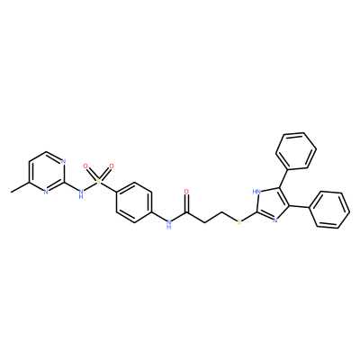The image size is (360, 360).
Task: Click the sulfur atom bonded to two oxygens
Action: (98, 182)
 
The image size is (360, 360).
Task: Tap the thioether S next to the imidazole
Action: (239, 222)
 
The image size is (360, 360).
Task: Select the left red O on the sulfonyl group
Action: (85, 166)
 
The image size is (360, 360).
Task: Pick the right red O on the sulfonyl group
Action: (112, 166)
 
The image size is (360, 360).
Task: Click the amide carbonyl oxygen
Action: (187, 192)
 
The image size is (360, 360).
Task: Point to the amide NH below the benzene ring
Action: (168, 224)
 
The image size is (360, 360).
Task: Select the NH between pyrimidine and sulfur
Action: (80, 193)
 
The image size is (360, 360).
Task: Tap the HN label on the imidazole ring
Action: (256, 191)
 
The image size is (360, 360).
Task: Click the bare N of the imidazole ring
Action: (274, 220)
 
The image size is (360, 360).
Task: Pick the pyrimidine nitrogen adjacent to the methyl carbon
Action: (46, 192)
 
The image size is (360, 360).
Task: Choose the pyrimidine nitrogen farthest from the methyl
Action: (63, 162)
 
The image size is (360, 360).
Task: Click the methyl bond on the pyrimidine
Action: (20, 186)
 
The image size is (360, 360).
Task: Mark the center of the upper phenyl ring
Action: (296, 150)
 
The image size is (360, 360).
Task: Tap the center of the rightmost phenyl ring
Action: (329, 210)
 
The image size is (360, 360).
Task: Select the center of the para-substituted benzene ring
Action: (133, 202)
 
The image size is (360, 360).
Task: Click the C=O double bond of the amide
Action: (187, 203)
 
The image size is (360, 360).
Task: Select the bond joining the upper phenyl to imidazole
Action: (283, 177)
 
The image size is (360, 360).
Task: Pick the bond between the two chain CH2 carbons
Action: (213, 217)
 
